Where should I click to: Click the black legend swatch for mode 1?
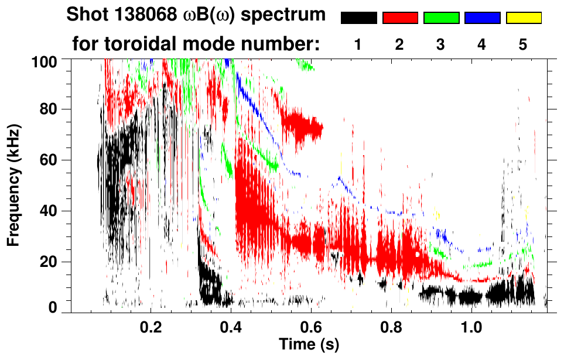coord(358,18)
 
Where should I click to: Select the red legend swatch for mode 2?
coord(400,18)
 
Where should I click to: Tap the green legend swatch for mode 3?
coord(441,18)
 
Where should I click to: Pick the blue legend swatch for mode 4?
coord(482,18)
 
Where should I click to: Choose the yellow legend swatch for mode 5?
coord(524,18)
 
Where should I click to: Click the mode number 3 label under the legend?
coord(441,44)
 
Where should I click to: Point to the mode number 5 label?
coord(524,44)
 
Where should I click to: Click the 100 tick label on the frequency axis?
coord(50,61)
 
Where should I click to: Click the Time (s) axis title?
coord(309,345)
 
